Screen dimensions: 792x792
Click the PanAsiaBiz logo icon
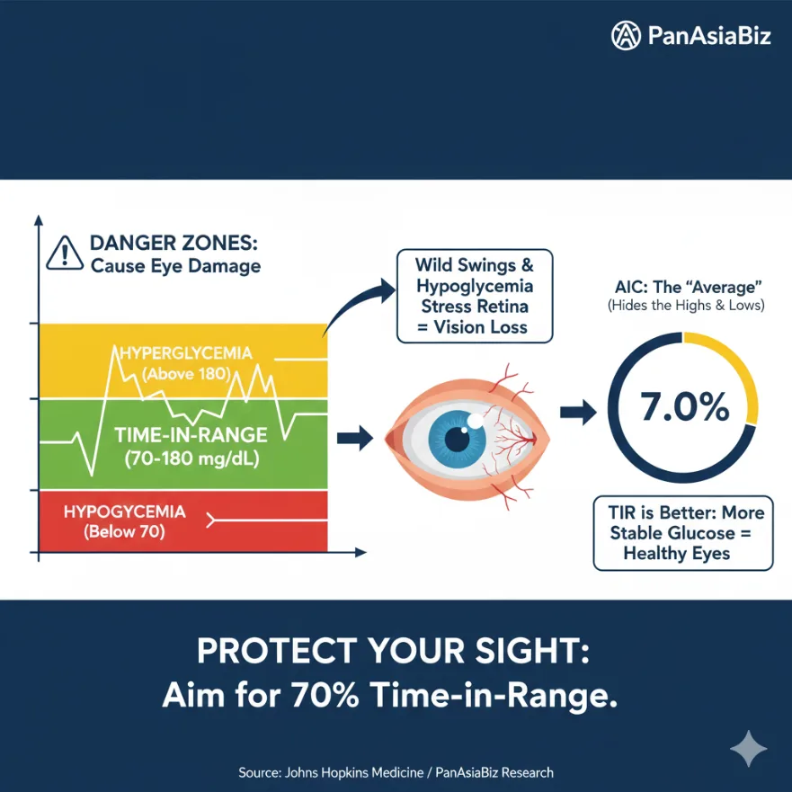[x=626, y=36]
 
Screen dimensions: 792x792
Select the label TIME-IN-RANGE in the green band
[x=191, y=435]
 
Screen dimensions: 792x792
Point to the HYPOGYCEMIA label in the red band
[x=124, y=512]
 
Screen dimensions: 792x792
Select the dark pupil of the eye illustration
[x=458, y=440]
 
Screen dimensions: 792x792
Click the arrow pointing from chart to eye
[x=354, y=439]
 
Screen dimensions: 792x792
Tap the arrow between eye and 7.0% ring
[x=576, y=413]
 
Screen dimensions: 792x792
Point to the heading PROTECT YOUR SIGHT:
[x=394, y=651]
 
